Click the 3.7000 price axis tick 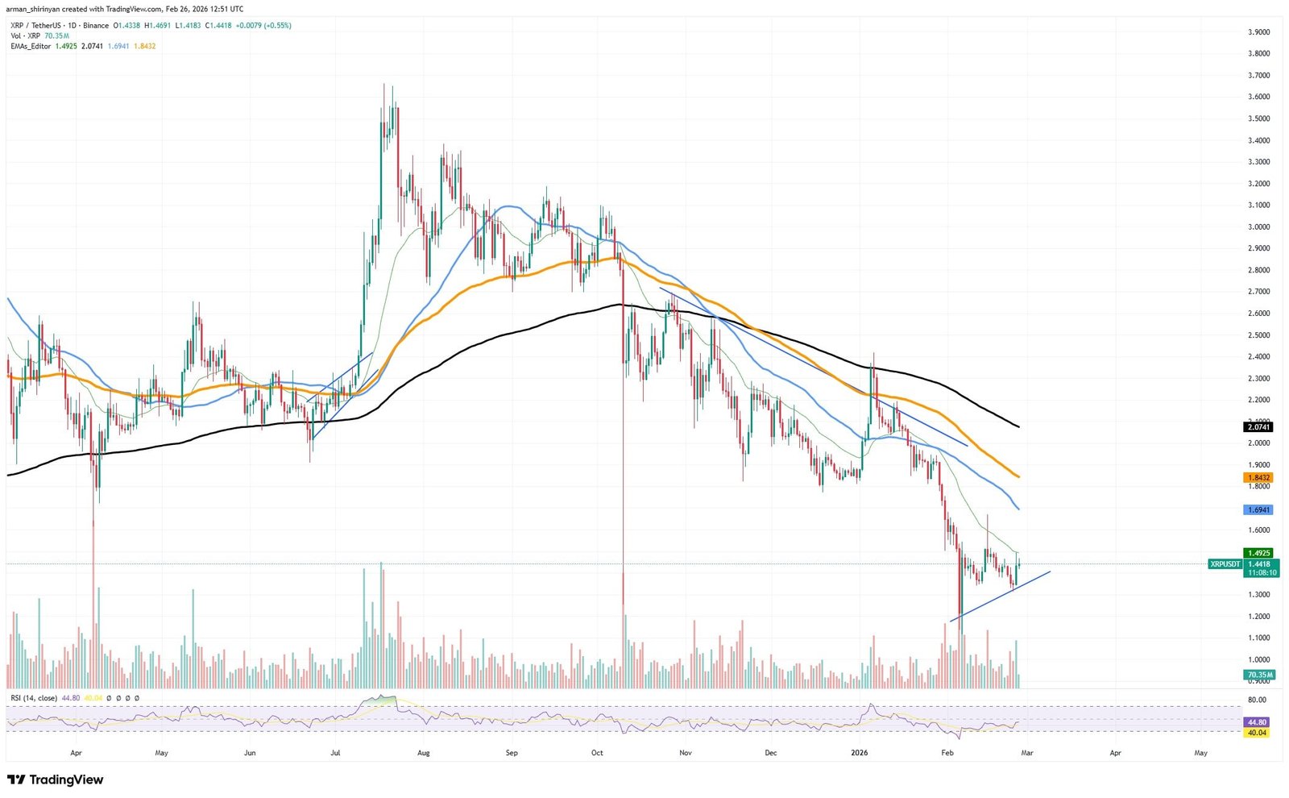[x=1258, y=75]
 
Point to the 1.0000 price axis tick [x=1258, y=659]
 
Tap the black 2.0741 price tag [x=1258, y=426]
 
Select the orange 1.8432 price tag [x=1258, y=477]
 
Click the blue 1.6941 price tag [x=1258, y=509]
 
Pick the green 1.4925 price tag [x=1258, y=553]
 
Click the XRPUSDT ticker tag [x=1225, y=564]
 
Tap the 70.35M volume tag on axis [x=1259, y=675]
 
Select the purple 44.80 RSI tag [x=1256, y=722]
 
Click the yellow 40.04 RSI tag [x=1256, y=733]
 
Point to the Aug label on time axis [x=424, y=753]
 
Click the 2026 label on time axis [x=860, y=753]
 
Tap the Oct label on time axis [x=597, y=753]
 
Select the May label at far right [x=1200, y=753]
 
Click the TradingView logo [x=55, y=779]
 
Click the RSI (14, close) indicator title [x=34, y=698]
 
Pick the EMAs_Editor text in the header [x=31, y=46]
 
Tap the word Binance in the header [x=95, y=26]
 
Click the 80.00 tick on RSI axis [x=1256, y=700]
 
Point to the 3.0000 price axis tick [x=1258, y=227]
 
